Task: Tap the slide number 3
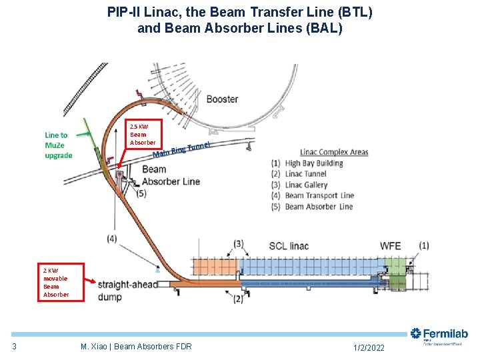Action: pos(14,346)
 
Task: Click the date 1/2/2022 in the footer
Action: pos(367,347)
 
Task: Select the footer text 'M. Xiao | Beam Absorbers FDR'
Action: pos(136,347)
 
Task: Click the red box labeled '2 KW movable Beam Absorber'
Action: pos(61,283)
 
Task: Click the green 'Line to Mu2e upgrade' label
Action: pos(59,145)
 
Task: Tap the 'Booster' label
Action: pos(222,99)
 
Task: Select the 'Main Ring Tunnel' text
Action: pos(182,150)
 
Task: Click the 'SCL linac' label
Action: pos(289,246)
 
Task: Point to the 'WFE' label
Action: pos(390,246)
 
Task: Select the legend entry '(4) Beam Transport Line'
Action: pos(312,196)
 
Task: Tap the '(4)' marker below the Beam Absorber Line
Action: pos(112,238)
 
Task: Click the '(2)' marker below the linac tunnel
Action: pos(238,299)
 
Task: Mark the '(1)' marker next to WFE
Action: pos(423,246)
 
